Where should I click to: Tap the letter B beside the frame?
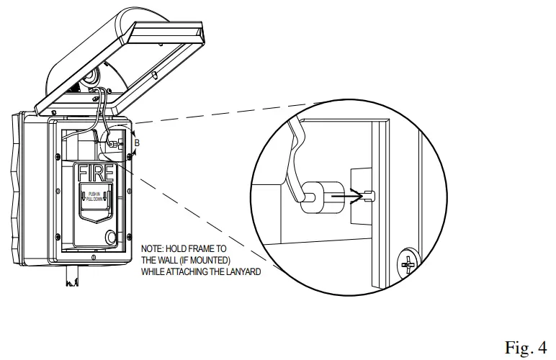[137, 143]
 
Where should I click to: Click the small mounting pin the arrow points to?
[370, 194]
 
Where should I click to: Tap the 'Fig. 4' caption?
[526, 348]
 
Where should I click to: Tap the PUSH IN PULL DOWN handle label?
[94, 195]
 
